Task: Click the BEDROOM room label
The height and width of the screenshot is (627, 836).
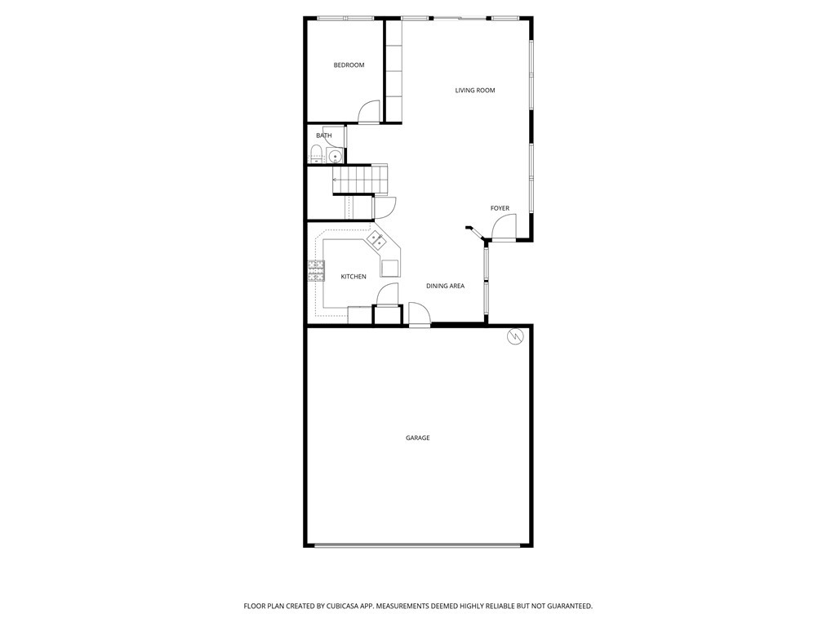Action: (349, 65)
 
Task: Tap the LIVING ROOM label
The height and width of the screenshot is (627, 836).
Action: (474, 90)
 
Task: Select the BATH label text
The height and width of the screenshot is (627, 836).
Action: (323, 136)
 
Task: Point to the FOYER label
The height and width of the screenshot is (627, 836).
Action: (500, 208)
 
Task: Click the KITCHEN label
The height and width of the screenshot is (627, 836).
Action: (354, 276)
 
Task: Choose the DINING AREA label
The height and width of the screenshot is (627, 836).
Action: (445, 286)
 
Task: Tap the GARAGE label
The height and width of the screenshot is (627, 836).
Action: (417, 438)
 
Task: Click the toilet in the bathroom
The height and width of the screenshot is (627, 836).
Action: (317, 154)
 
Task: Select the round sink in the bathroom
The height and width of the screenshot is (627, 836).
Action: (335, 156)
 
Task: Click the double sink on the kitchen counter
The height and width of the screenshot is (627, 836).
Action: (376, 240)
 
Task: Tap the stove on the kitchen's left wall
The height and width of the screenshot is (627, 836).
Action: (316, 271)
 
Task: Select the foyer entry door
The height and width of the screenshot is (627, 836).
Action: (504, 227)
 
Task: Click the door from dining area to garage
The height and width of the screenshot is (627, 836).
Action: (420, 313)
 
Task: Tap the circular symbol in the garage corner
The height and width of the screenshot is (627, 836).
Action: (515, 336)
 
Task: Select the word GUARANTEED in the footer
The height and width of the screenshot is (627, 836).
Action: (571, 607)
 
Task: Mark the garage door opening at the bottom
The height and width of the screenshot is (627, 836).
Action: (417, 545)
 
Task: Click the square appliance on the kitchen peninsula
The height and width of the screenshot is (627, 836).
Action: (389, 268)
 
